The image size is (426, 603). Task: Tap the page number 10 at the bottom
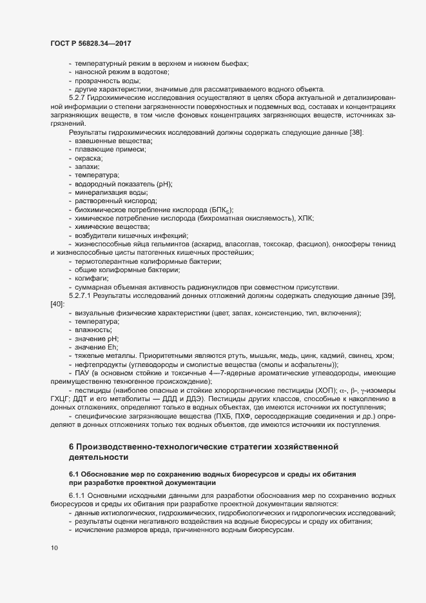(x=53, y=548)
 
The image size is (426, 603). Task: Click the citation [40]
(x=57, y=304)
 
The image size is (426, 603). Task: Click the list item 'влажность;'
(x=94, y=330)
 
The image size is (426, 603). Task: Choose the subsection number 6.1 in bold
(x=73, y=475)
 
